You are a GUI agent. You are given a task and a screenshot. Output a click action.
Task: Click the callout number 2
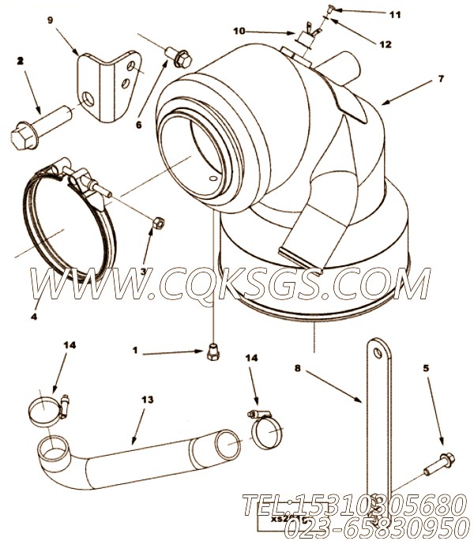tap(20, 60)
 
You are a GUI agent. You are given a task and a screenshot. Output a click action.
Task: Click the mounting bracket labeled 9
tap(103, 80)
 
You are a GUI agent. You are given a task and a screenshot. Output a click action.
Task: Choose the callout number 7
tap(441, 79)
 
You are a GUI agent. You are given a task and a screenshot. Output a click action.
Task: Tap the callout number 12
tap(386, 44)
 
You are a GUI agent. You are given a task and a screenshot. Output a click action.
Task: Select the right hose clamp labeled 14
tap(267, 430)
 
